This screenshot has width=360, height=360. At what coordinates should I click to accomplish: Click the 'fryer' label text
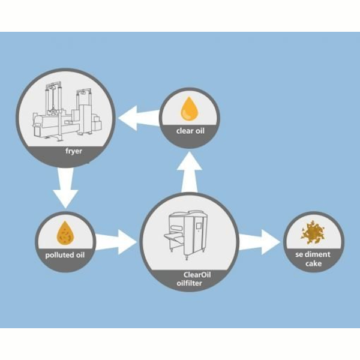click(73, 151)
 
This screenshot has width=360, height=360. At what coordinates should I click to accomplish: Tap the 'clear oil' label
click(190, 131)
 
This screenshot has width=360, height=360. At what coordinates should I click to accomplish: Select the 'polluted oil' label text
click(65, 255)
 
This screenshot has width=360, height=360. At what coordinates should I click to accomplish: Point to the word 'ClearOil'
click(197, 275)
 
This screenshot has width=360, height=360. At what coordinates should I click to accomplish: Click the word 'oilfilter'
click(190, 283)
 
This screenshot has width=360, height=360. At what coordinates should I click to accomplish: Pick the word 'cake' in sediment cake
click(313, 263)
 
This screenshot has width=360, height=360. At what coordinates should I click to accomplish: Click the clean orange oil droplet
click(190, 109)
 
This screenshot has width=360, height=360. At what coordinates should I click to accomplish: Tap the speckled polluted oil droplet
click(65, 233)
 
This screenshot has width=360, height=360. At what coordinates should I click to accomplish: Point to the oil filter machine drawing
click(185, 235)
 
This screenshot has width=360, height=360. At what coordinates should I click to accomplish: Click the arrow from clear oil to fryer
click(139, 118)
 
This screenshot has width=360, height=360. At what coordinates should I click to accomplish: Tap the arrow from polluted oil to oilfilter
click(116, 242)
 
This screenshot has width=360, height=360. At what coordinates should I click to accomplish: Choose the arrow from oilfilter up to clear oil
click(190, 172)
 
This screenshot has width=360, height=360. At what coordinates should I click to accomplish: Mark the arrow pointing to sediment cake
click(260, 242)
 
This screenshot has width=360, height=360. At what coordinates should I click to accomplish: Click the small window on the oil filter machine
click(199, 226)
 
